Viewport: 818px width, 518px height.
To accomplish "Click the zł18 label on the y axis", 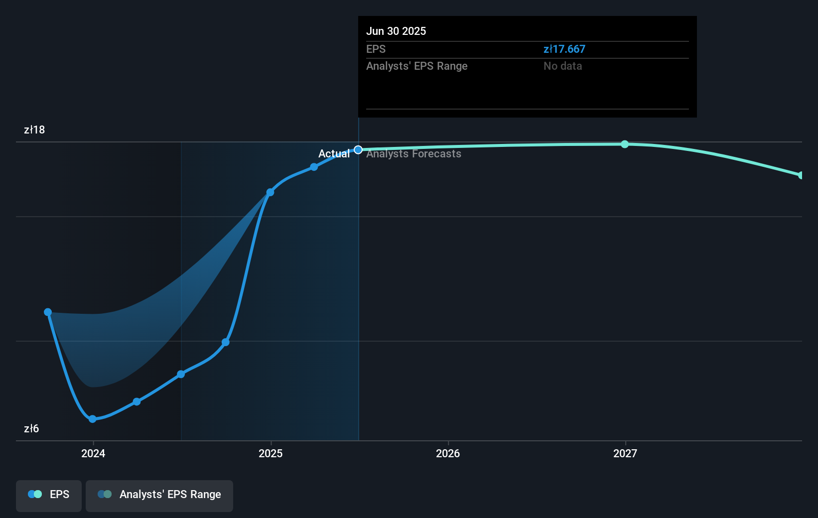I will [x=34, y=130].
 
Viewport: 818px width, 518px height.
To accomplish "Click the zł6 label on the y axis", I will [x=31, y=429].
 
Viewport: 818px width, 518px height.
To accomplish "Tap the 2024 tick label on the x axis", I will [x=93, y=453].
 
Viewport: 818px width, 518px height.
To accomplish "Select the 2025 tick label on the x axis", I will [x=271, y=453].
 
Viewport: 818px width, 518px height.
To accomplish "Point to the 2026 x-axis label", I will [x=448, y=453].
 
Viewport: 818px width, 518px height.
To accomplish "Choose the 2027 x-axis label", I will [x=625, y=453].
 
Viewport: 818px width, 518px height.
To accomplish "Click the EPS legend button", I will [x=49, y=495].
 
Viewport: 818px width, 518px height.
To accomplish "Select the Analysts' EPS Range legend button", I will [x=159, y=495].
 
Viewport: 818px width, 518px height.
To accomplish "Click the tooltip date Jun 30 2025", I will [x=396, y=31].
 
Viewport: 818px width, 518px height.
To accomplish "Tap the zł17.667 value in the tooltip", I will [x=564, y=49].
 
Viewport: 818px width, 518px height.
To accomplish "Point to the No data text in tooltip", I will [x=562, y=66].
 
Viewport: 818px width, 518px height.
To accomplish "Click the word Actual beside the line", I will [x=334, y=154].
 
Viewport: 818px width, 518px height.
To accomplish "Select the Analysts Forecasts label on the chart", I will [x=413, y=154].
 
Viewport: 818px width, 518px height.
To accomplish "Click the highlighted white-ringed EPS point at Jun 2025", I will [x=358, y=150].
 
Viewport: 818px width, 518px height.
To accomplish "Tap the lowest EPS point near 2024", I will [x=92, y=419].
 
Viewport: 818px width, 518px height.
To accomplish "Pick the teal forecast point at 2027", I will [x=625, y=144].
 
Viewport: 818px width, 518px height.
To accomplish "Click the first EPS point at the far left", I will [x=48, y=312].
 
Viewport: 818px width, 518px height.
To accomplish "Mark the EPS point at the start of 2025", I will [x=270, y=192].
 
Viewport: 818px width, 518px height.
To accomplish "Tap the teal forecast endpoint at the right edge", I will [x=801, y=175].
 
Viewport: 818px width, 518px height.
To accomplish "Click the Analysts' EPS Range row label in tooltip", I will [x=416, y=66].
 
